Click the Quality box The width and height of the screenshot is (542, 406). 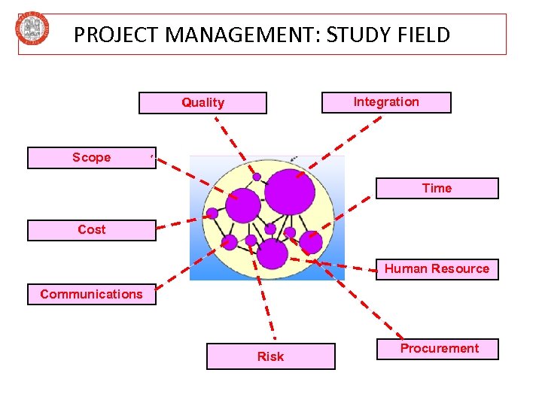202,103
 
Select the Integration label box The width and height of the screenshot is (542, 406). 386,102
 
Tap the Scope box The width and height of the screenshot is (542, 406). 91,158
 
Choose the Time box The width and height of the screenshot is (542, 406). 437,188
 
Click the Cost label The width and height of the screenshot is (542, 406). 91,230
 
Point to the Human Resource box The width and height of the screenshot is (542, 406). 437,269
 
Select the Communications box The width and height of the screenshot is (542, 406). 91,294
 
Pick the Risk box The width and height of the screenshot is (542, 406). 270,356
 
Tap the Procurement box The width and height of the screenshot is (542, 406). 439,349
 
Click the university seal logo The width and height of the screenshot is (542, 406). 33,29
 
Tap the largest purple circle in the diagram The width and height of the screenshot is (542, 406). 290,191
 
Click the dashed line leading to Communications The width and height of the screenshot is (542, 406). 188,263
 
